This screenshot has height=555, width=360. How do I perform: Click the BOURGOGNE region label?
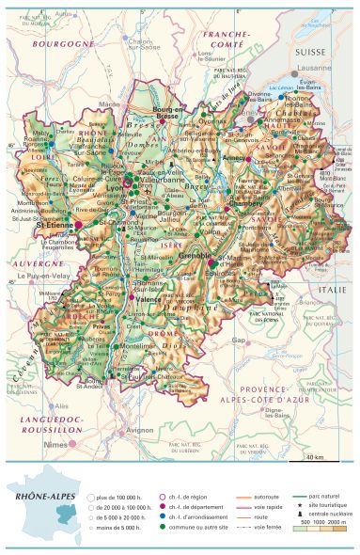[62, 44]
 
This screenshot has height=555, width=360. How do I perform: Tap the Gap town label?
[239, 340]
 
